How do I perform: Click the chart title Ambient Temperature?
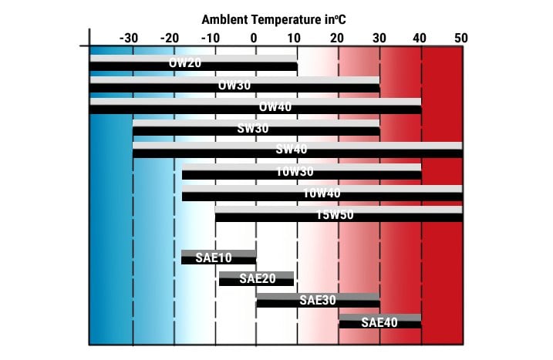pyautogui.click(x=274, y=19)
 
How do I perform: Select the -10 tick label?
pyautogui.click(x=211, y=37)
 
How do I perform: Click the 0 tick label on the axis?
pyautogui.click(x=255, y=37)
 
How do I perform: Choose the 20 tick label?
pyautogui.click(x=337, y=37)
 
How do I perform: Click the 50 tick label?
pyautogui.click(x=460, y=37)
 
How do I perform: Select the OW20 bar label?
pyautogui.click(x=186, y=63)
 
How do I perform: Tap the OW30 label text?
pyautogui.click(x=234, y=86)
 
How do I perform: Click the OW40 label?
pyautogui.click(x=275, y=106)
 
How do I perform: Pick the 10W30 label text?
pyautogui.click(x=295, y=171)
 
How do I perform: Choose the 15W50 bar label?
pyautogui.click(x=335, y=215)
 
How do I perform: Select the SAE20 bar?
pyautogui.click(x=256, y=278)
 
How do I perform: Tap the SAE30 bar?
pyautogui.click(x=318, y=300)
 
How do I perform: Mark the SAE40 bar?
pyautogui.click(x=380, y=321)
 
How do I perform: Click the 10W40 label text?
pyautogui.click(x=322, y=193)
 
